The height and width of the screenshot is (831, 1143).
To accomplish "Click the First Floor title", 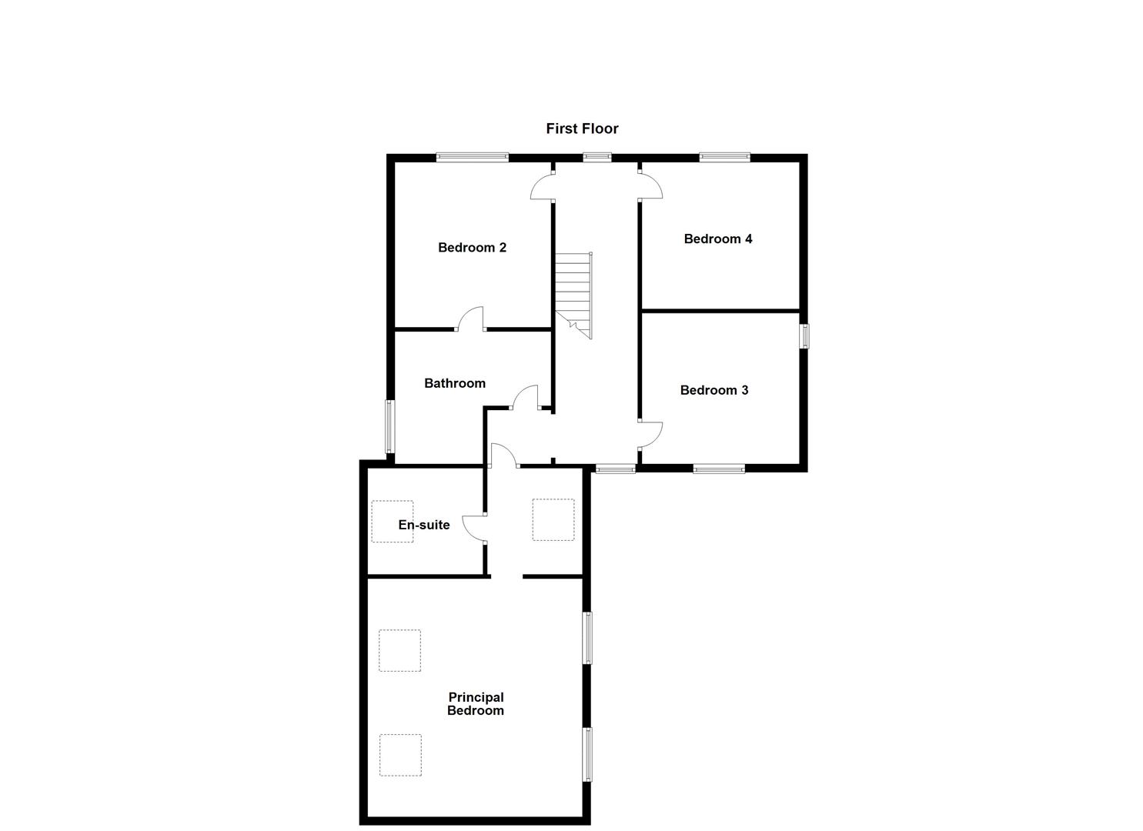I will (582, 128).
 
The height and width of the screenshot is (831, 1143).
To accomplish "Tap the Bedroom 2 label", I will (472, 247).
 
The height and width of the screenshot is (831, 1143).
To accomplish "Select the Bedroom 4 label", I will (717, 239).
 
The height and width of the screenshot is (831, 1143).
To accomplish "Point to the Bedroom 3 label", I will (714, 390).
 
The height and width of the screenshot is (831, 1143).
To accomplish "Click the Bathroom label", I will (454, 383).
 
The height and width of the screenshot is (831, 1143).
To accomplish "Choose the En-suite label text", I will (423, 525).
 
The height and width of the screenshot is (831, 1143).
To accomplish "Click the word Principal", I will (476, 697).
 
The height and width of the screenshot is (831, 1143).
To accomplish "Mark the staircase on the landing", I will (574, 295).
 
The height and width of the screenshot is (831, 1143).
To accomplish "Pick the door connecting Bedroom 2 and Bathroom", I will (471, 319).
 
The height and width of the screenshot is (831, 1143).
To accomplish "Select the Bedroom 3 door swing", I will (650, 435).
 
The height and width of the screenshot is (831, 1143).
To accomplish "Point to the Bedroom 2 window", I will (472, 157).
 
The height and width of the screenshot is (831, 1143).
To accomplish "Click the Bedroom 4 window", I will (724, 157).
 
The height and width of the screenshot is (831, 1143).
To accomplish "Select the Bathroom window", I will (389, 426).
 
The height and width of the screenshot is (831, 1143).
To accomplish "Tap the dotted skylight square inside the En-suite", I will (392, 521).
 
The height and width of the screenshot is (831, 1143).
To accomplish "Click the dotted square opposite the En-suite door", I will (553, 520).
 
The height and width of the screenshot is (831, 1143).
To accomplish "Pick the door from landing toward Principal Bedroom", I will (503, 456).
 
